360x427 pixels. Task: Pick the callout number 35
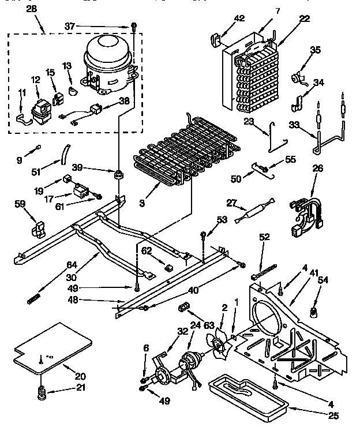pyautogui.click(x=315, y=50)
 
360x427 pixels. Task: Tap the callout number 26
pyautogui.click(x=317, y=169)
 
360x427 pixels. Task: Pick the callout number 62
pyautogui.click(x=147, y=251)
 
